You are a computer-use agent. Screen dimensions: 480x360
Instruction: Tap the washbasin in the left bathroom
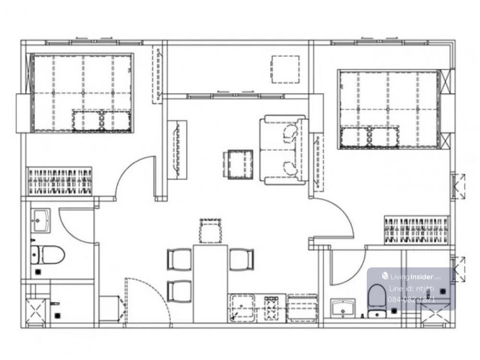[41, 220]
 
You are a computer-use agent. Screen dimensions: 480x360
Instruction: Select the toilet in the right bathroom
[377, 300]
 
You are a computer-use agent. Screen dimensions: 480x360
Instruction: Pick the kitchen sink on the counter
[242, 308]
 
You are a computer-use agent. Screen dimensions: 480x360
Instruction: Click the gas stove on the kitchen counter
[272, 308]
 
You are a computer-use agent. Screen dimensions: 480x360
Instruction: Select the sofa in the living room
[284, 150]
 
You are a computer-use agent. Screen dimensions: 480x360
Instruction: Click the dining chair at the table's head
[210, 231]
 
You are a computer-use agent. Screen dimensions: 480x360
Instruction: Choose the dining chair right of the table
[241, 260]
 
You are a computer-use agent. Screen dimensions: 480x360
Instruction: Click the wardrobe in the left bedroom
[60, 181]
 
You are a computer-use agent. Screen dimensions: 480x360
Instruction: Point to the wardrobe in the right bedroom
[416, 230]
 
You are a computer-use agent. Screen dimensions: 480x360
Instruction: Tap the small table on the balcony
[285, 69]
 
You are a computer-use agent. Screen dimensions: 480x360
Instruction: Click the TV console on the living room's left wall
[177, 150]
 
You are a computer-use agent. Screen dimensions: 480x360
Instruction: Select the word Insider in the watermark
[421, 277]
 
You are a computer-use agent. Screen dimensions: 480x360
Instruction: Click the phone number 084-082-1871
[411, 300]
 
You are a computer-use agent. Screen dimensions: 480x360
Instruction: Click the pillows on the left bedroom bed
[102, 120]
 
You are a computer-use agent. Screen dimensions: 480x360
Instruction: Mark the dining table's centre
[210, 284]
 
